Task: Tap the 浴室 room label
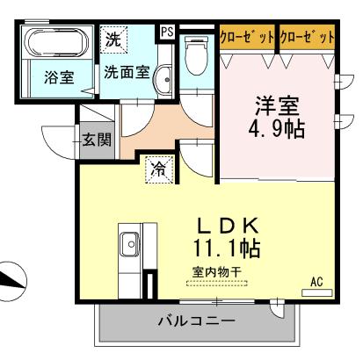[59, 76]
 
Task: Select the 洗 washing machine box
[113, 40]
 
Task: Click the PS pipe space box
[167, 32]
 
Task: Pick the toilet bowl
[195, 55]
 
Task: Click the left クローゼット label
[247, 37]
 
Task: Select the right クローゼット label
[308, 37]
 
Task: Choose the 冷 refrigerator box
[158, 167]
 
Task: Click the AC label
[317, 283]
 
